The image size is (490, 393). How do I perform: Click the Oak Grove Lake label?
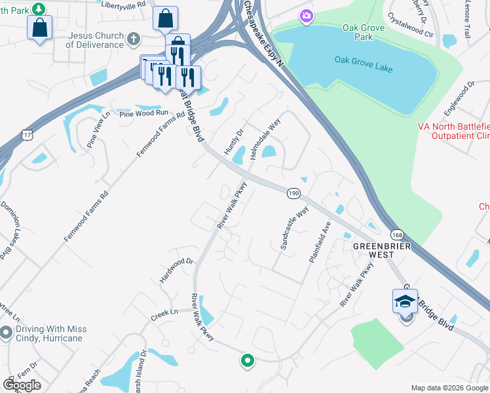(364, 60)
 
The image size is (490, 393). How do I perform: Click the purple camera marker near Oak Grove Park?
(306, 16)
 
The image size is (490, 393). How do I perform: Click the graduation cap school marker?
(405, 303)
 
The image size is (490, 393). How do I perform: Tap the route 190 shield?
(293, 193)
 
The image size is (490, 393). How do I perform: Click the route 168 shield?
(397, 234)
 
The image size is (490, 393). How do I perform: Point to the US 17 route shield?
(26, 134)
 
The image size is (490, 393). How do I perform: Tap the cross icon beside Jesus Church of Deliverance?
(134, 39)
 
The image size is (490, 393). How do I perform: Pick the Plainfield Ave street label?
(321, 242)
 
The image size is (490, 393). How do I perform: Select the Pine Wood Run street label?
(143, 113)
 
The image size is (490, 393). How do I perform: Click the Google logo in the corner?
(22, 384)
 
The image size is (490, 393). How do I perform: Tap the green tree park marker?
(39, 9)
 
